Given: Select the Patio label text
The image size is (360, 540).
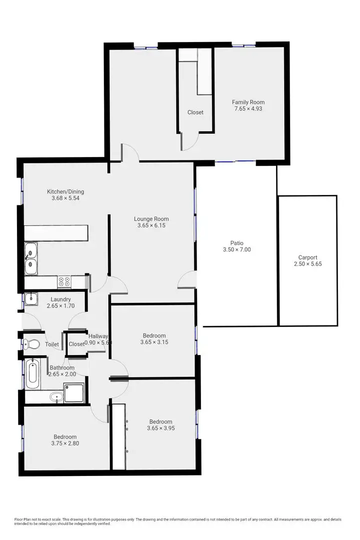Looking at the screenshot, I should click(237, 243).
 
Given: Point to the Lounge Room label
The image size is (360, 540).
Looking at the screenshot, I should click(151, 218).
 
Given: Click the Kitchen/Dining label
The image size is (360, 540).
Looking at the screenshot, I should click(65, 191).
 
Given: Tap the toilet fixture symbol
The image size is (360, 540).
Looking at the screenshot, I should click(31, 344).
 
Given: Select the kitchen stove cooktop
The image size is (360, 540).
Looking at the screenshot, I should click(64, 282).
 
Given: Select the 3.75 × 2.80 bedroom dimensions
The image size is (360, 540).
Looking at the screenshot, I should click(65, 443).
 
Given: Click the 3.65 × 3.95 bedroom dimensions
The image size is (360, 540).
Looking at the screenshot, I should click(160, 428).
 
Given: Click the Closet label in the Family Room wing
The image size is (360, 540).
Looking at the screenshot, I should click(195, 112).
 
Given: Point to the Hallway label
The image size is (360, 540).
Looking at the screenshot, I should click(98, 336).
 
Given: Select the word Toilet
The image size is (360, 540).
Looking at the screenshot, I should click(52, 344).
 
